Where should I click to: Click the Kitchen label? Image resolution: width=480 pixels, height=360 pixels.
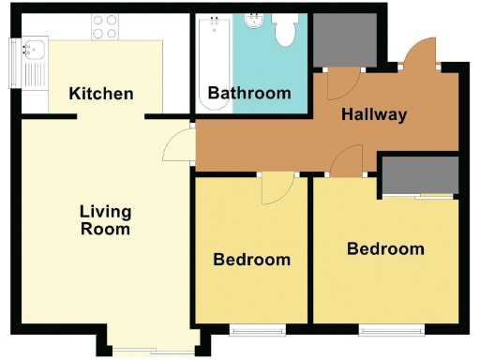pos(101,94)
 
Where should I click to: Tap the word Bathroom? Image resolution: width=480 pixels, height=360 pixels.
pos(249,93)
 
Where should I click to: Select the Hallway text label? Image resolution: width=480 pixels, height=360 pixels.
pos(374,114)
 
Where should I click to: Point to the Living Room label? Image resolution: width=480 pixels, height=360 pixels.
pos(104,219)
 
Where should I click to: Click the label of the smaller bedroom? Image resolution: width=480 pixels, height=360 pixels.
pos(251,260)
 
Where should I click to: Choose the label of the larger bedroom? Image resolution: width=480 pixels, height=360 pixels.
pos(385,248)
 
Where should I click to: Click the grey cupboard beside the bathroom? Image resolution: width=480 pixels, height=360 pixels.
pos(344,40)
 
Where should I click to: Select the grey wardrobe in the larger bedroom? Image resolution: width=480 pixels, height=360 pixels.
pos(419,175)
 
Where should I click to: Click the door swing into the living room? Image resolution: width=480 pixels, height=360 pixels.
pos(176,147)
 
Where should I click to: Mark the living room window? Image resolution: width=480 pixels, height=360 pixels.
pos(150,352)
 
